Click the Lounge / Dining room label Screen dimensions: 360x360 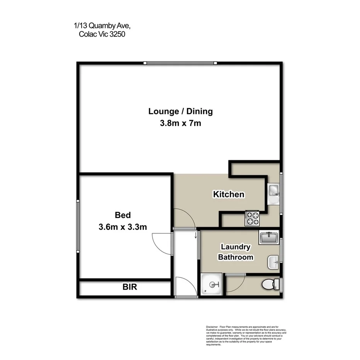(x=180, y=112)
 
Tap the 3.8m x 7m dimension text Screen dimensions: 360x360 (x=180, y=124)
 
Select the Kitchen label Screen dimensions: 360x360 (x=229, y=194)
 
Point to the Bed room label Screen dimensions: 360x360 (x=122, y=215)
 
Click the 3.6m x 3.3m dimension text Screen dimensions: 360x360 (x=122, y=227)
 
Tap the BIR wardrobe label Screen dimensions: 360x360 (x=130, y=287)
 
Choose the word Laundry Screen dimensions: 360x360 (x=235, y=247)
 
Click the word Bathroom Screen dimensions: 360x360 (x=236, y=257)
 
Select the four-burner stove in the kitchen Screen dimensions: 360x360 (x=252, y=218)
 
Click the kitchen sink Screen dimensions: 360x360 (x=274, y=190)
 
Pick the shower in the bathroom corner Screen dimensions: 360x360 (x=212, y=285)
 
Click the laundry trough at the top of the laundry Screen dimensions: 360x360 (x=269, y=238)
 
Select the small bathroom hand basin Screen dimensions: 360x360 (x=273, y=262)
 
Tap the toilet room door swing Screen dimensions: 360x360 (x=235, y=283)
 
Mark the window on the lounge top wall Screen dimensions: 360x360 (x=181, y=63)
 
